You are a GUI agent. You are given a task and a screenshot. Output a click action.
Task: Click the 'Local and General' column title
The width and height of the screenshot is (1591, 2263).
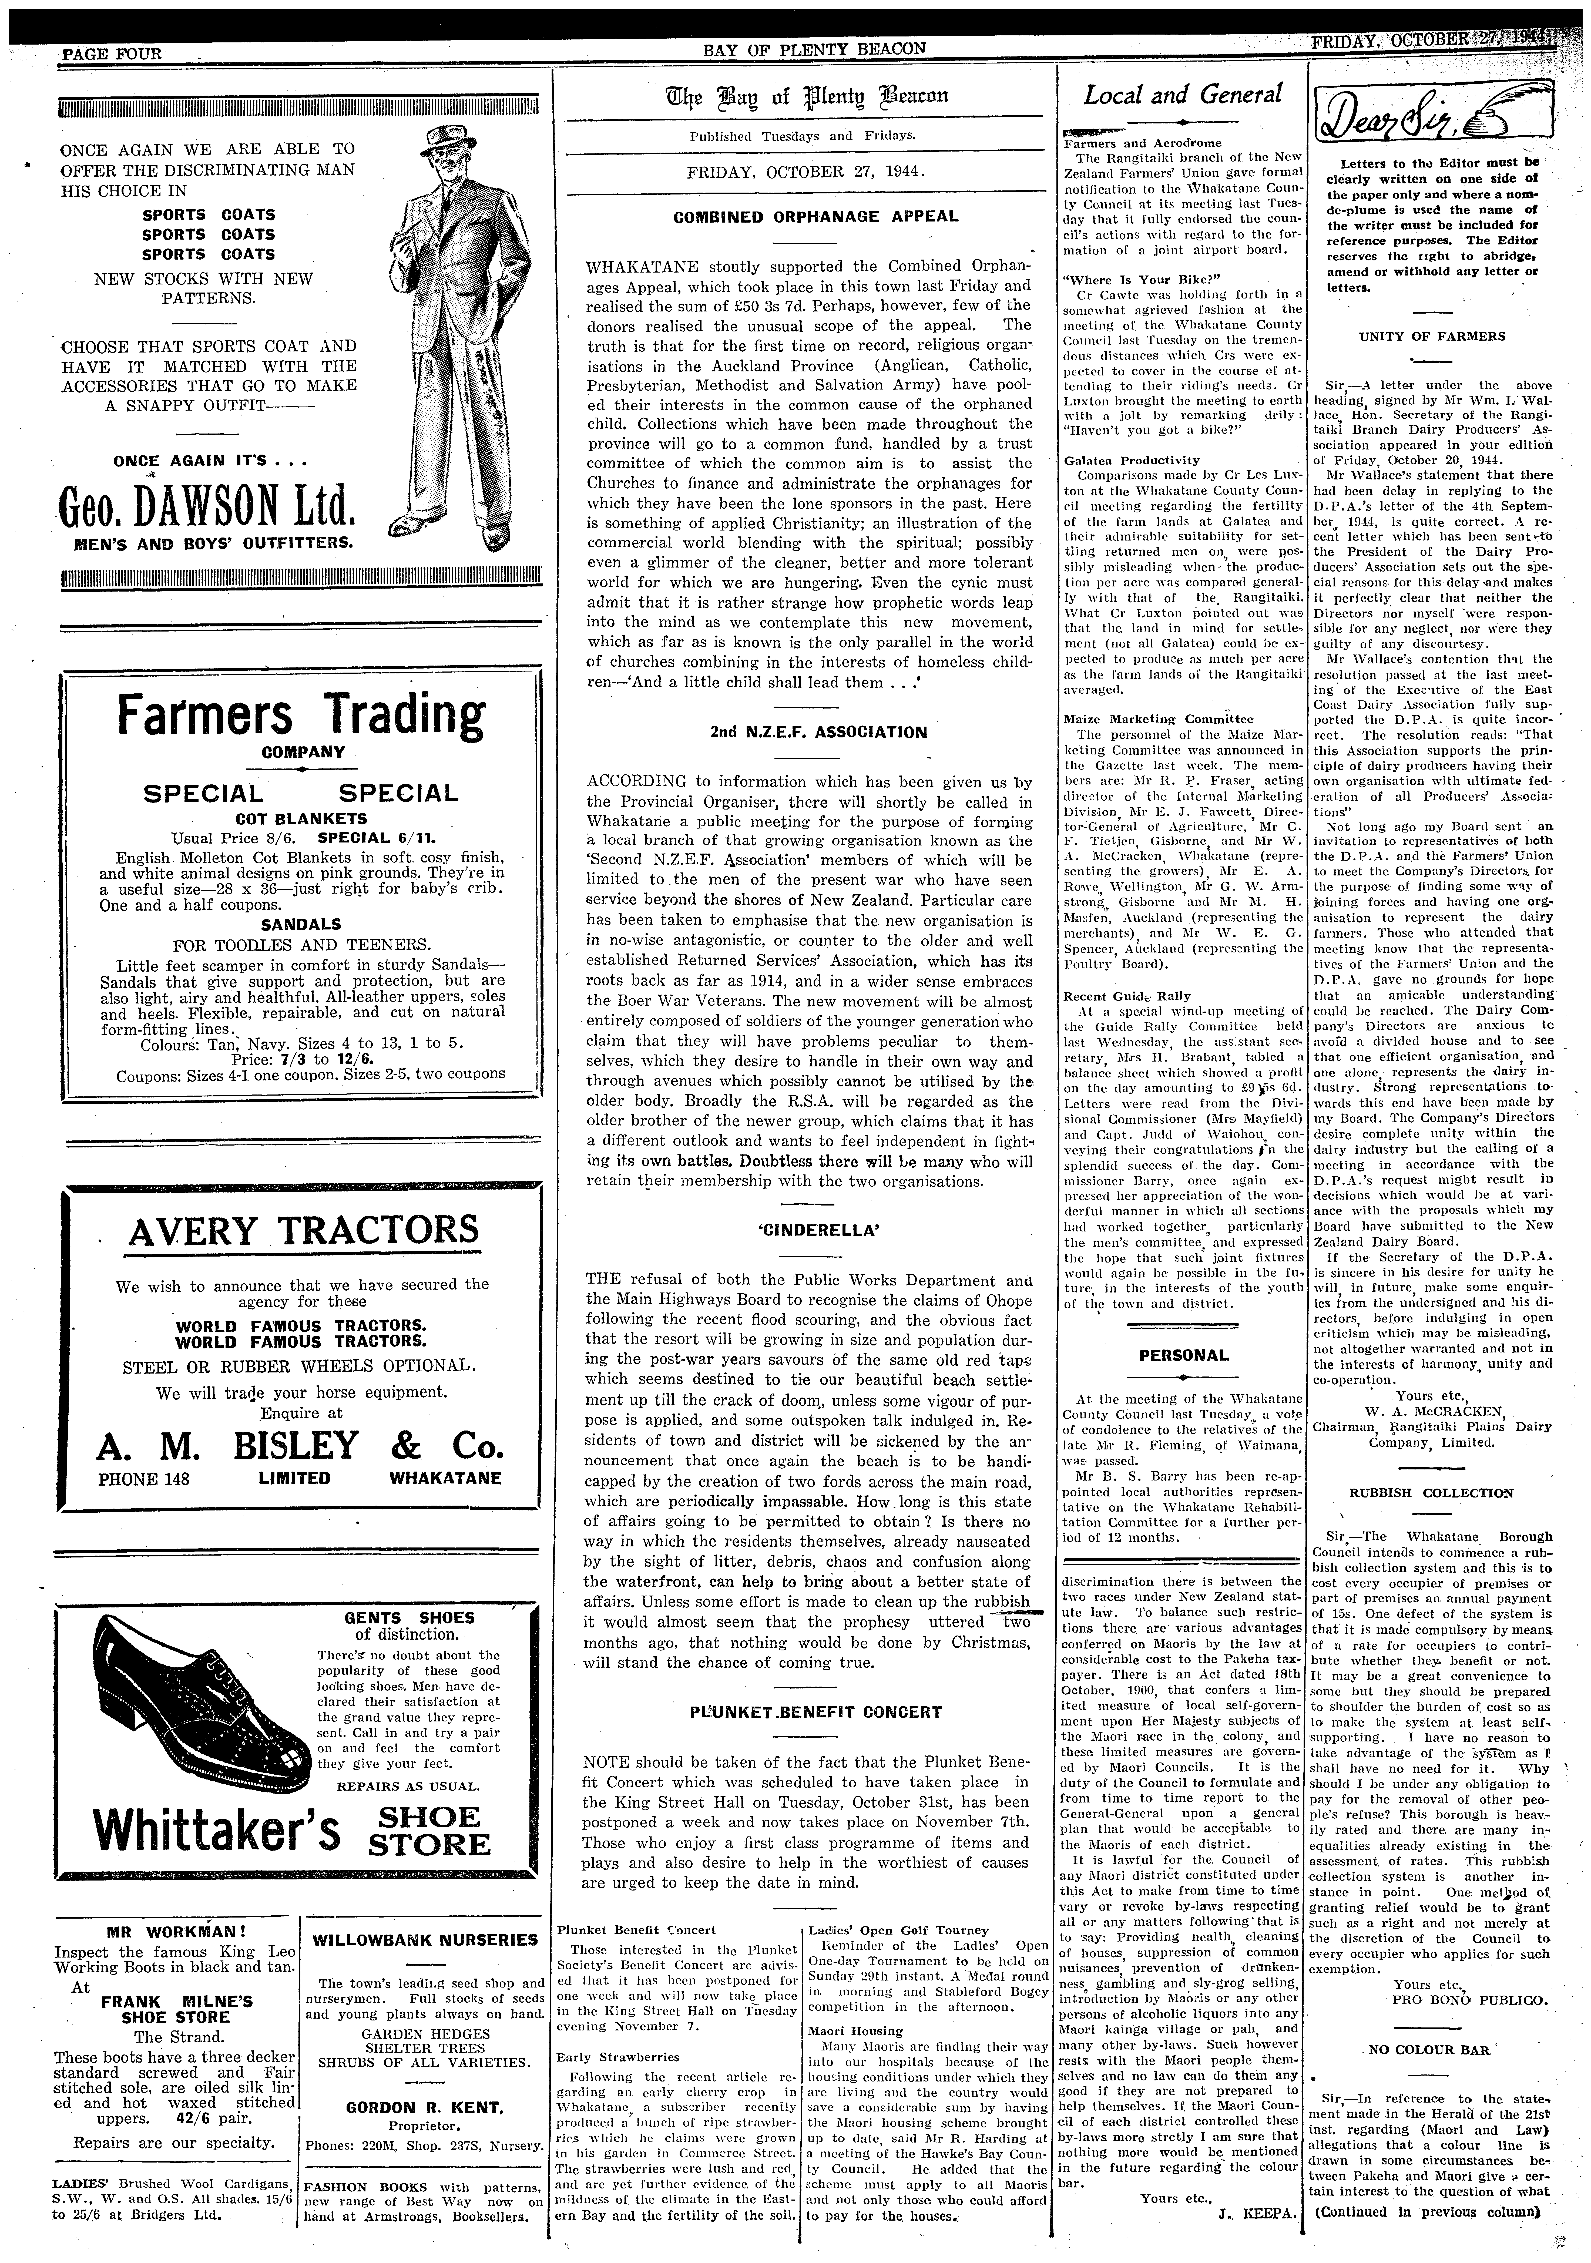click(x=1182, y=95)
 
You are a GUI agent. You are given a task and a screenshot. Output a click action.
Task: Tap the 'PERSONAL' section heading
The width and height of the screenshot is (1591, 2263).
click(x=1184, y=1355)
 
